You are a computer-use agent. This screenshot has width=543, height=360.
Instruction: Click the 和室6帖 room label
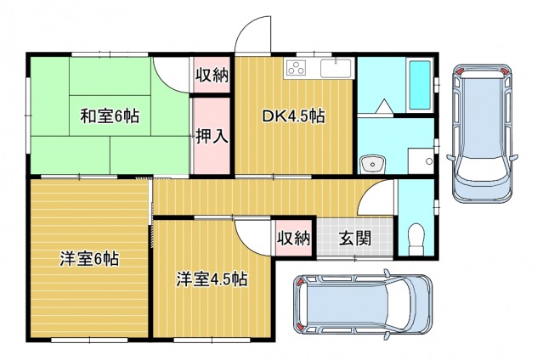[110, 116]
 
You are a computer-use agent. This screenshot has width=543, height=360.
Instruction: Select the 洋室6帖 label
[88, 259]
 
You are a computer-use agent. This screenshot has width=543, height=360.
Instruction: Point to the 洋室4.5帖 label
[212, 278]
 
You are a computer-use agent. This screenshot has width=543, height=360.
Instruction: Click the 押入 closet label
[212, 135]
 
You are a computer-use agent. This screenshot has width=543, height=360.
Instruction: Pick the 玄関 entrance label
[356, 238]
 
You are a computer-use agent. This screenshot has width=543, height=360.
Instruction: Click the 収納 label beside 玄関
[294, 238]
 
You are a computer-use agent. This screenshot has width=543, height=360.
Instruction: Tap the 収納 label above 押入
[212, 76]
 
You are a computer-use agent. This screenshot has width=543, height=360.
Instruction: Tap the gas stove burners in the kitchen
[298, 69]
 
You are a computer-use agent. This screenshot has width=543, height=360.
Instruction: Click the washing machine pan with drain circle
[420, 160]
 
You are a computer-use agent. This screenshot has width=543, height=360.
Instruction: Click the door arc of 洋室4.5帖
[254, 233]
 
